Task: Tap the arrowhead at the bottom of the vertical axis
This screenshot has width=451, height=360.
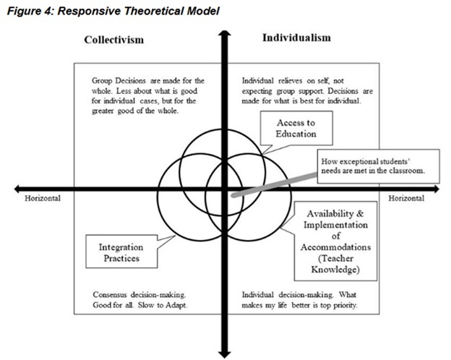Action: [223, 351]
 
